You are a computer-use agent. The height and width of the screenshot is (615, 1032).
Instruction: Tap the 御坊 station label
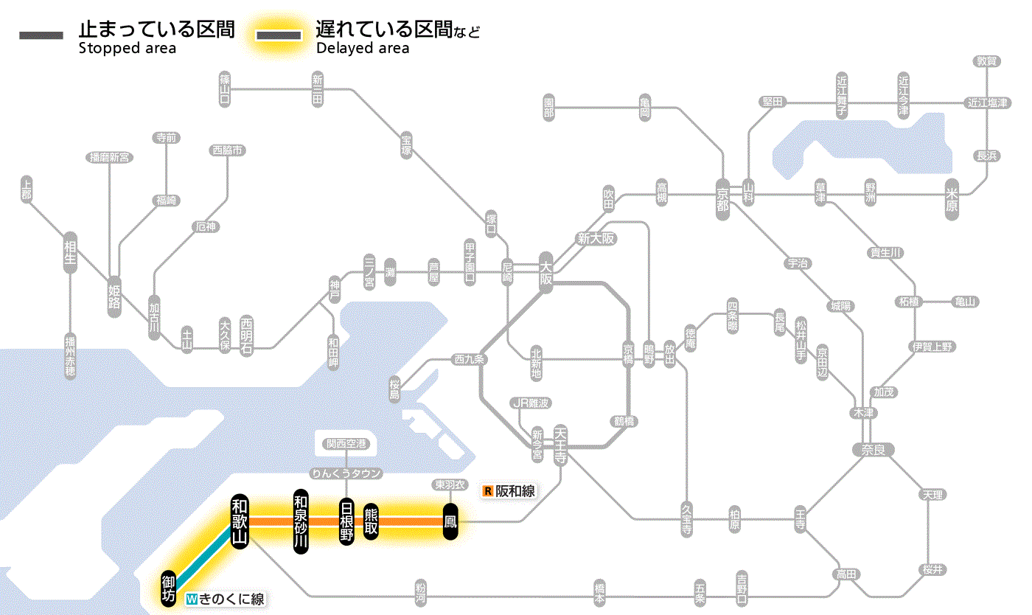click(x=169, y=588)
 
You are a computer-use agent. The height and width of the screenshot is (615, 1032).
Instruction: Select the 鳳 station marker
click(x=450, y=522)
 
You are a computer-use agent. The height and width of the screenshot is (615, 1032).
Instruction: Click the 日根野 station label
click(x=346, y=521)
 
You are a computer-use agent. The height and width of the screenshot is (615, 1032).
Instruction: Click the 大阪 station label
click(x=545, y=270)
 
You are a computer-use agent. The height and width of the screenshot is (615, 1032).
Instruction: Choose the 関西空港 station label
click(x=351, y=444)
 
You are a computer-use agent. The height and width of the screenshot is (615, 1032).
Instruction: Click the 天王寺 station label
click(x=560, y=445)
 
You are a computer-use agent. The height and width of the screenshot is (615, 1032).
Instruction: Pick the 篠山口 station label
click(x=225, y=88)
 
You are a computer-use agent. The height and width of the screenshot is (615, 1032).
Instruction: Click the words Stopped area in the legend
click(x=127, y=49)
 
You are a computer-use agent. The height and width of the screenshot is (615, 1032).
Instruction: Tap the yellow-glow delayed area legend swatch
click(x=278, y=35)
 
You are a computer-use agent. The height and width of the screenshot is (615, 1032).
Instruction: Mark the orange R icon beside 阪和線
click(x=487, y=490)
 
